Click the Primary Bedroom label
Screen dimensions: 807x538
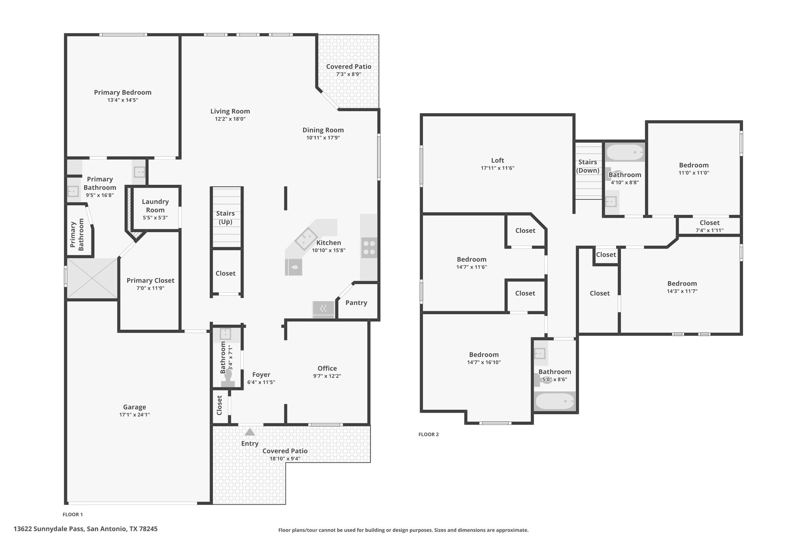tap(123, 92)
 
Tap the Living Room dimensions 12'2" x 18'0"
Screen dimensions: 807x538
tap(230, 119)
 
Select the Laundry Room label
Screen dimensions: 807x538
tap(155, 206)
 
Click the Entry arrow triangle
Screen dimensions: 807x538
tap(250, 432)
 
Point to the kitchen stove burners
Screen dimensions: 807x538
tap(369, 248)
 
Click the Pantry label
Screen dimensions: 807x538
tap(356, 303)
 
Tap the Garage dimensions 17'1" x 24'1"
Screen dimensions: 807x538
tap(134, 415)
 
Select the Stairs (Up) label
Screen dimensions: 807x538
tap(225, 218)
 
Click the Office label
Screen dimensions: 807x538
tap(327, 369)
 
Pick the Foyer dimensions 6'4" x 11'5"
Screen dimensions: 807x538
tap(261, 382)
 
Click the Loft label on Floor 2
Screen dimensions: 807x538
tap(497, 160)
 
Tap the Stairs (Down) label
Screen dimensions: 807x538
tap(588, 166)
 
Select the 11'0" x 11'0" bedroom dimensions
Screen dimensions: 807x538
tap(694, 173)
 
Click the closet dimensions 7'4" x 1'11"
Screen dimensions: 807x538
tap(709, 230)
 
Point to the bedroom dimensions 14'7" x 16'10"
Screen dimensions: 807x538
tap(484, 362)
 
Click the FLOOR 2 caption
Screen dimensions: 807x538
tap(428, 434)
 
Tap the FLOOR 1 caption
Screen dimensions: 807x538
tap(73, 514)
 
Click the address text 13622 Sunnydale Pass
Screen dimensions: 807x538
tap(48, 529)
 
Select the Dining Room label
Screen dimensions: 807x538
tap(323, 130)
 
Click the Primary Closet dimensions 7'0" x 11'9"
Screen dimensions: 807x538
tap(150, 288)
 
